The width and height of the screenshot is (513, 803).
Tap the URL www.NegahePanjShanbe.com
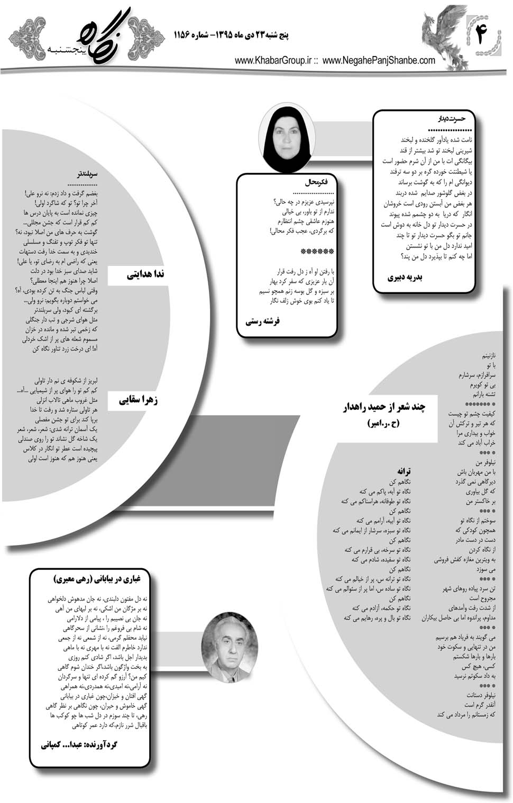point(379,61)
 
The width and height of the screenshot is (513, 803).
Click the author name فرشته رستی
point(263,321)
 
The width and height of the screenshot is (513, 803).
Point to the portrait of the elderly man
point(231,643)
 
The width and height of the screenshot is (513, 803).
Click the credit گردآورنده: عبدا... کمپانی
point(79,744)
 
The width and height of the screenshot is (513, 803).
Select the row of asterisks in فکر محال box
point(317,251)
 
